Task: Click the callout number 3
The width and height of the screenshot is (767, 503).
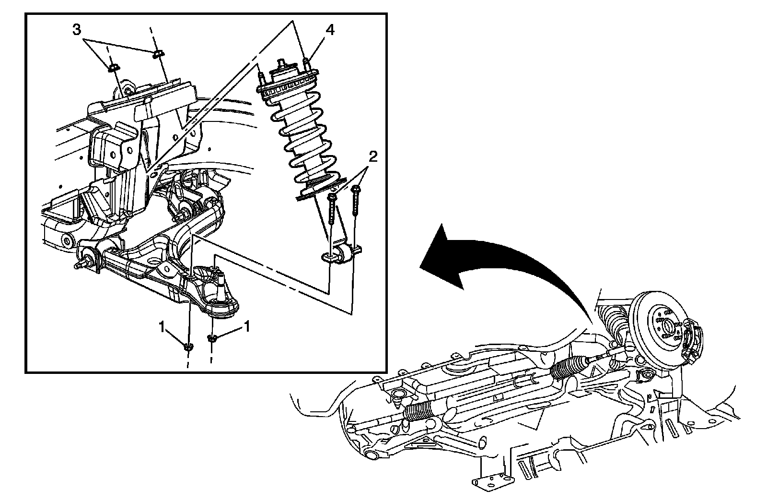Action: pos(77,30)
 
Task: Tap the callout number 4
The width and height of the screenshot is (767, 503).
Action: pos(330,30)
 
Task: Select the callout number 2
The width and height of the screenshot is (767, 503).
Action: pos(373,156)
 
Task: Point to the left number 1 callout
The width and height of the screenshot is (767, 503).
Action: pos(163,327)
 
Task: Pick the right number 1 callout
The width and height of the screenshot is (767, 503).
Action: pos(247,327)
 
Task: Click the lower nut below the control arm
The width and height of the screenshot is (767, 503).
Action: pos(188,346)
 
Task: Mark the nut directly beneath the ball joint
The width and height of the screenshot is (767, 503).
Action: pos(212,338)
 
